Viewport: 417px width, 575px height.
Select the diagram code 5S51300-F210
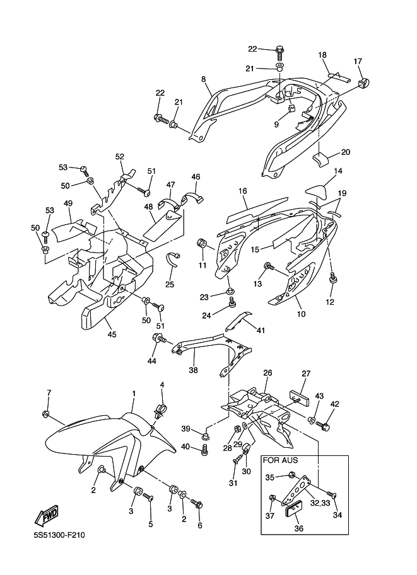click(x=59, y=535)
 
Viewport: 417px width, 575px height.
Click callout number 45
click(x=112, y=334)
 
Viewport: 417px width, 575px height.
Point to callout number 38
click(x=193, y=370)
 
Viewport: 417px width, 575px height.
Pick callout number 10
click(x=301, y=314)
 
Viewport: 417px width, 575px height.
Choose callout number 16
click(x=242, y=191)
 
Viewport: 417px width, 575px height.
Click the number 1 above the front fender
click(x=134, y=394)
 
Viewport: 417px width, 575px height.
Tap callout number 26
click(x=267, y=373)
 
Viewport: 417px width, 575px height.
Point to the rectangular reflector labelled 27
click(x=300, y=398)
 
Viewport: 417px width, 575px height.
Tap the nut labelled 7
click(x=46, y=414)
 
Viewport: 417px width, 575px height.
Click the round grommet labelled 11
click(x=202, y=242)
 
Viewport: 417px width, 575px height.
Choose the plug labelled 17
click(x=364, y=83)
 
